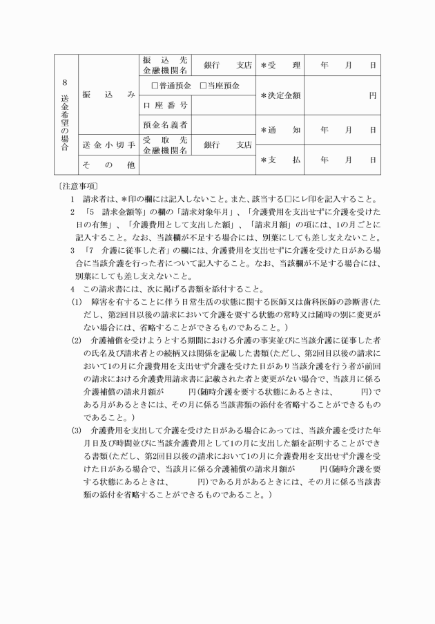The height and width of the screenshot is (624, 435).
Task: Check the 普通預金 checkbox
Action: (155, 86)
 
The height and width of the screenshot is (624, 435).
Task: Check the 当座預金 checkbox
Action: (203, 86)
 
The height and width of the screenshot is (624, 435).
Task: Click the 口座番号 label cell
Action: (164, 105)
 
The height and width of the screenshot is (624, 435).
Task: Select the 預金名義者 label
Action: (164, 125)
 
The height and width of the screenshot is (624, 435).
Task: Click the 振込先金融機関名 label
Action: (164, 66)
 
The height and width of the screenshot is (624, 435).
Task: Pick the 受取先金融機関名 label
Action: (164, 145)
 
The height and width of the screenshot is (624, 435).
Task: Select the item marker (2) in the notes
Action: (77, 341)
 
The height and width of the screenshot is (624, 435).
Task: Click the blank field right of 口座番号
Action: (222, 105)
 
